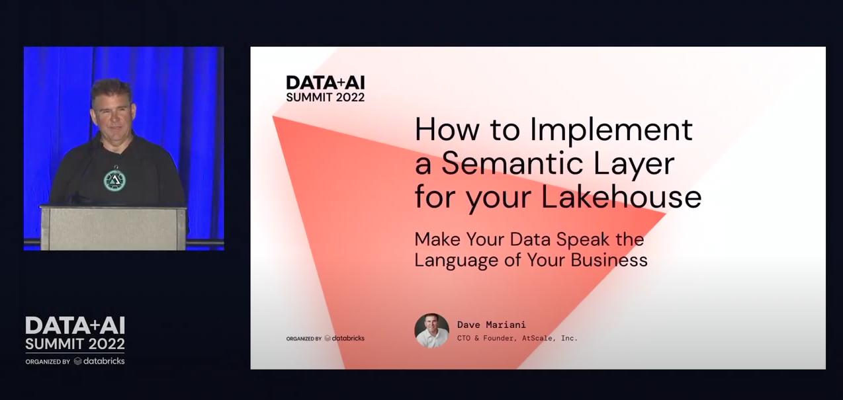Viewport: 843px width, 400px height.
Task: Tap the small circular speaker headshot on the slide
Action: [431, 331]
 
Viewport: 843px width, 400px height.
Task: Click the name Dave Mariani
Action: [492, 325]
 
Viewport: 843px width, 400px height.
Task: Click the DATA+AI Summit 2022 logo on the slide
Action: [325, 89]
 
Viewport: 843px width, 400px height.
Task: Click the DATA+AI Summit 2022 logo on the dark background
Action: [75, 333]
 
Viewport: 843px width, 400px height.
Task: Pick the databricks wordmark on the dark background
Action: [99, 361]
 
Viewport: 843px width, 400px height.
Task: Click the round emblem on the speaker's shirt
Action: [114, 179]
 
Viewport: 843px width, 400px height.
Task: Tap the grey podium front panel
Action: [114, 229]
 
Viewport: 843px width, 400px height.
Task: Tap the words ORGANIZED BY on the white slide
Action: [304, 339]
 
